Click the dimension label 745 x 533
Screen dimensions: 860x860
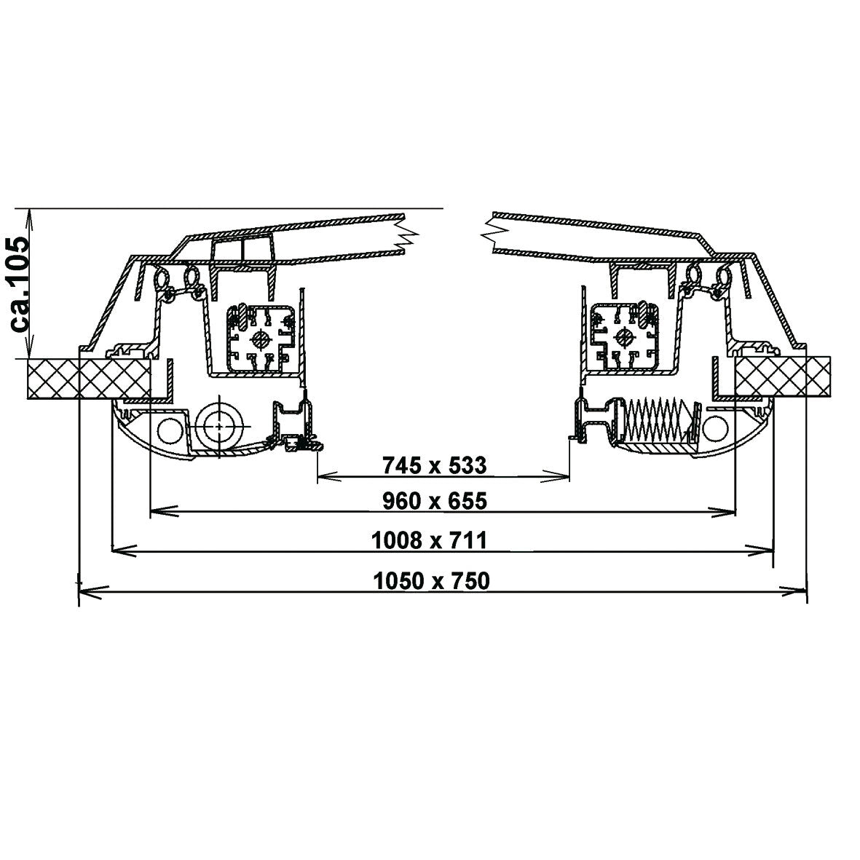(435, 465)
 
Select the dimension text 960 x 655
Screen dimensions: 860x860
(435, 501)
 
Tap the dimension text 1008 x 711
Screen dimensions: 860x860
(429, 540)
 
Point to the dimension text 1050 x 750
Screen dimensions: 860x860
(431, 581)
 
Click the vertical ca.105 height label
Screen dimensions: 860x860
(20, 283)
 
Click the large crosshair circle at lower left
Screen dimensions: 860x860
(219, 425)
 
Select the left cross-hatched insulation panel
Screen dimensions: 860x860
(88, 379)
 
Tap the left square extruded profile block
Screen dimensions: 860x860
(261, 339)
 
